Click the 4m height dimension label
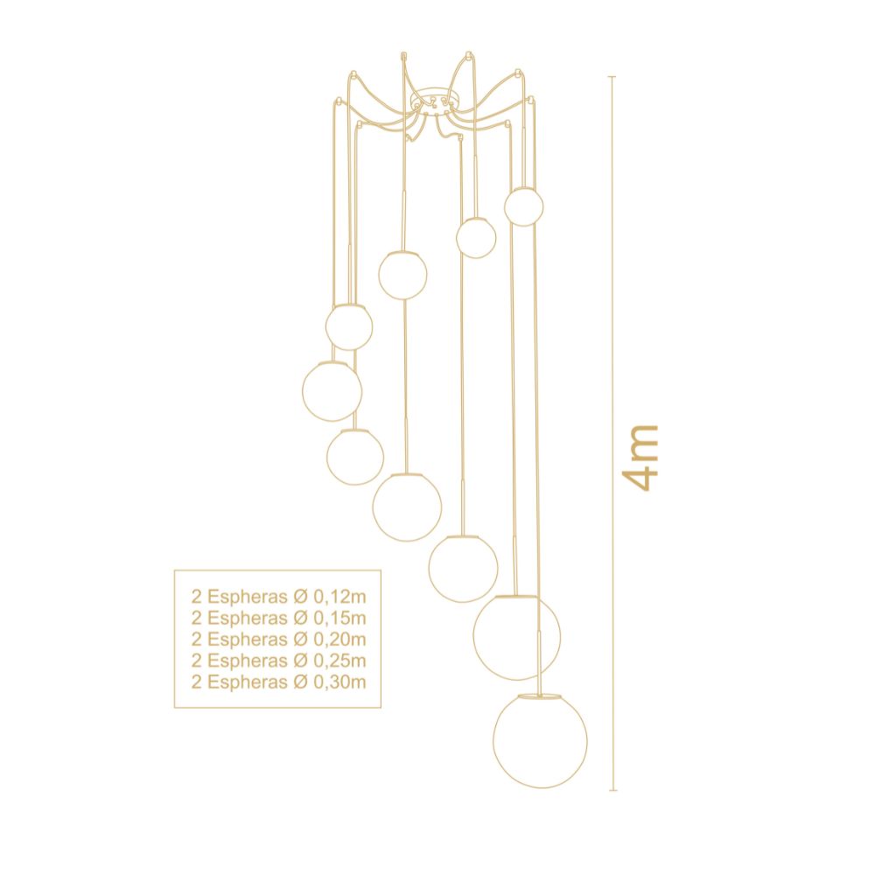tap(640, 458)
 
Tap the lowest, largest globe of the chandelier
tap(540, 741)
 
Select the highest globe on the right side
tap(523, 206)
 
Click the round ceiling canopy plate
tap(432, 101)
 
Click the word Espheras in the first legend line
tap(248, 598)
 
